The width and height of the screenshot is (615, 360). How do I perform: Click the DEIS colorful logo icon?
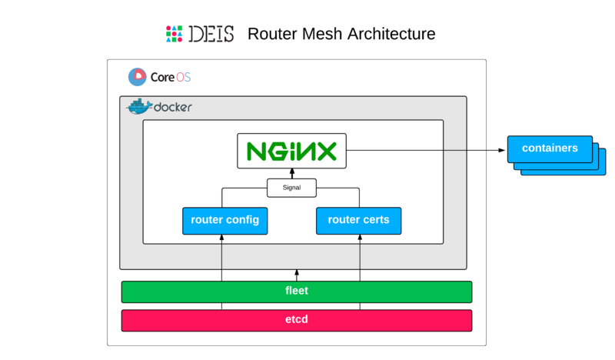tap(174, 34)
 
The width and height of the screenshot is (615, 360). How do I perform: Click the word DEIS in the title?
tap(211, 34)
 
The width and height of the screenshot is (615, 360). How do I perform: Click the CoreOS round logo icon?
tap(137, 77)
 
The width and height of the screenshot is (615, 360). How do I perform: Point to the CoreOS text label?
tap(171, 77)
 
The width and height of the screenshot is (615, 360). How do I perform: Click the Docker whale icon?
tap(139, 107)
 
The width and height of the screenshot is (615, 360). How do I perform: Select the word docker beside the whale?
tap(173, 108)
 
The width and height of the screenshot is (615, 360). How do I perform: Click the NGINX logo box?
tap(291, 151)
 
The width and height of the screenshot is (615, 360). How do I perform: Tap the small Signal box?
tap(291, 187)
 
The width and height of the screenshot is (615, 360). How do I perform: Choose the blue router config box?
tap(224, 220)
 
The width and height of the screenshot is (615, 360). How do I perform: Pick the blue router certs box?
tap(358, 220)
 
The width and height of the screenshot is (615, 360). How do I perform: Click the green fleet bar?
tap(296, 292)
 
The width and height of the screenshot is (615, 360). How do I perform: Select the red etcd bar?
tap(296, 320)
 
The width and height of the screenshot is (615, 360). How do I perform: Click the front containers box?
tap(549, 148)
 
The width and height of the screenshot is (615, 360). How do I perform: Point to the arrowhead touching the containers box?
tap(503, 151)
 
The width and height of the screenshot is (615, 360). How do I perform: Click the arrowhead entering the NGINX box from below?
tap(291, 172)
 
